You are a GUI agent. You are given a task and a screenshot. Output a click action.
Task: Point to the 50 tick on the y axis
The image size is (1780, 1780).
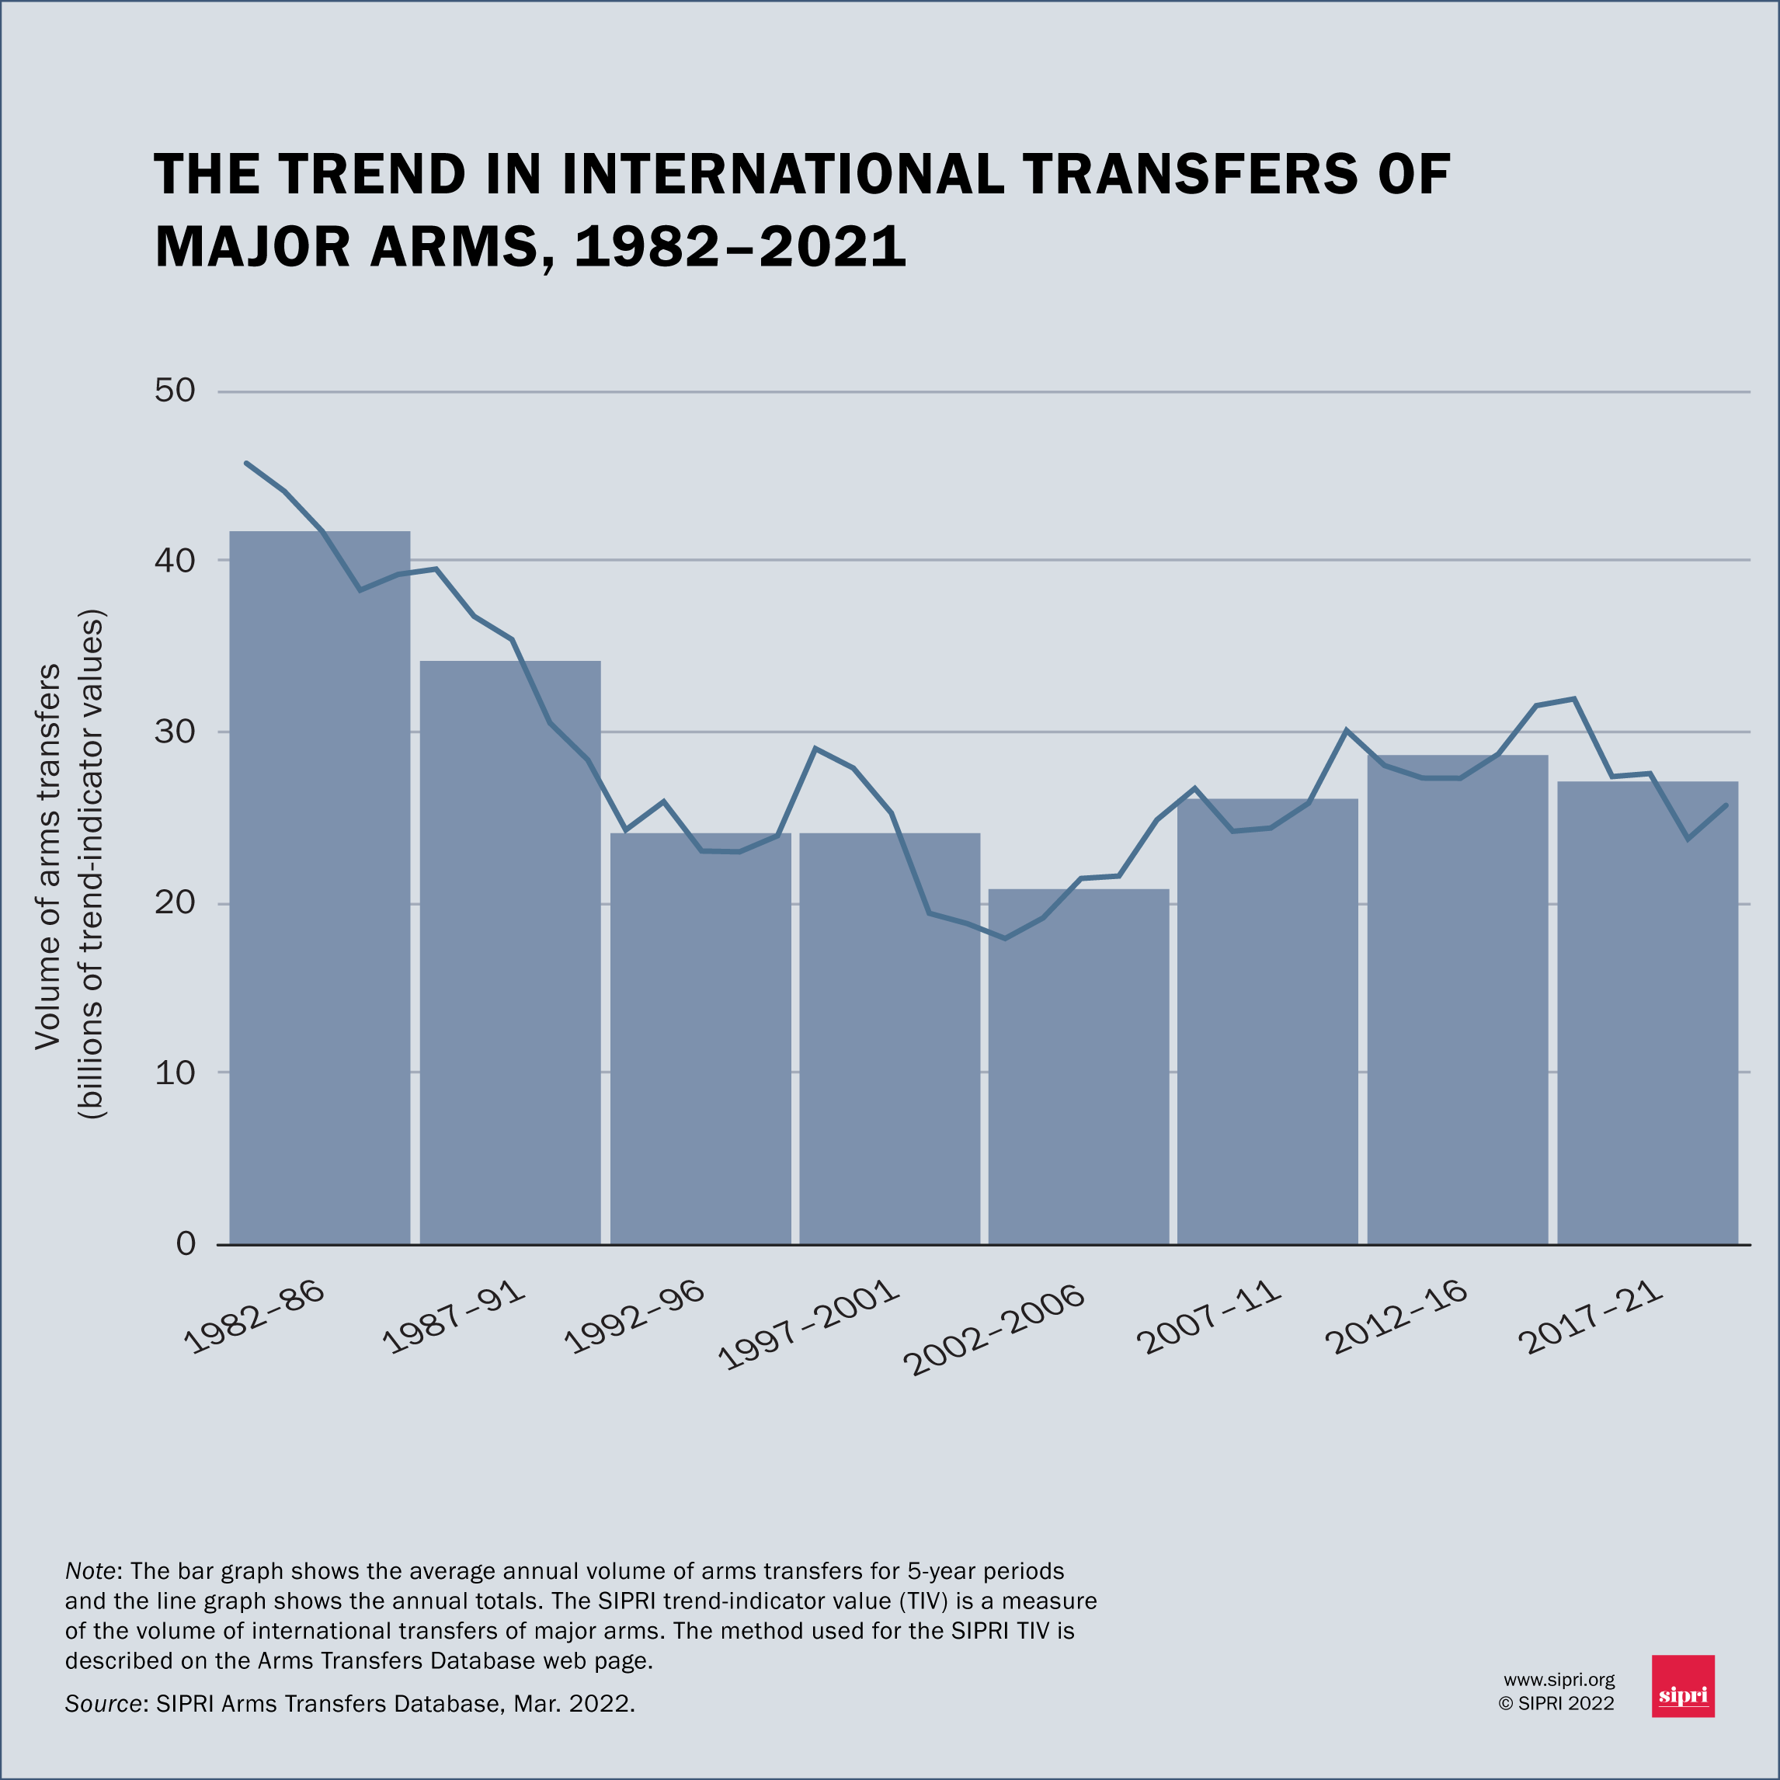pos(175,391)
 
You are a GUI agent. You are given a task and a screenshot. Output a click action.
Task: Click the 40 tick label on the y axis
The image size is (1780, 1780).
pos(175,560)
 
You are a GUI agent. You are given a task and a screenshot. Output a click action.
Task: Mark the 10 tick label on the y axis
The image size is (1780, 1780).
pos(175,1073)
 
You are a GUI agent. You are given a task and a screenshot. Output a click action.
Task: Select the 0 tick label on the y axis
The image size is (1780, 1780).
pos(186,1244)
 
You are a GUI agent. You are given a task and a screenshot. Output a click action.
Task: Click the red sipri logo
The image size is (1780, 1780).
pos(1683,1686)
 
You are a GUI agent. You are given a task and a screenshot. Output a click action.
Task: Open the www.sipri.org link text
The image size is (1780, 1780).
pos(1559,1681)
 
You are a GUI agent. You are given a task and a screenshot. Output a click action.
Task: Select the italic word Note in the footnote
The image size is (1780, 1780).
pos(90,1571)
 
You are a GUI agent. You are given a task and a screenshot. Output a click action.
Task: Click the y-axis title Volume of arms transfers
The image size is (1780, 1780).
pos(48,857)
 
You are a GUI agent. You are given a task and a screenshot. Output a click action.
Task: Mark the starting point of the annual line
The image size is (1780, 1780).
pos(246,463)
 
